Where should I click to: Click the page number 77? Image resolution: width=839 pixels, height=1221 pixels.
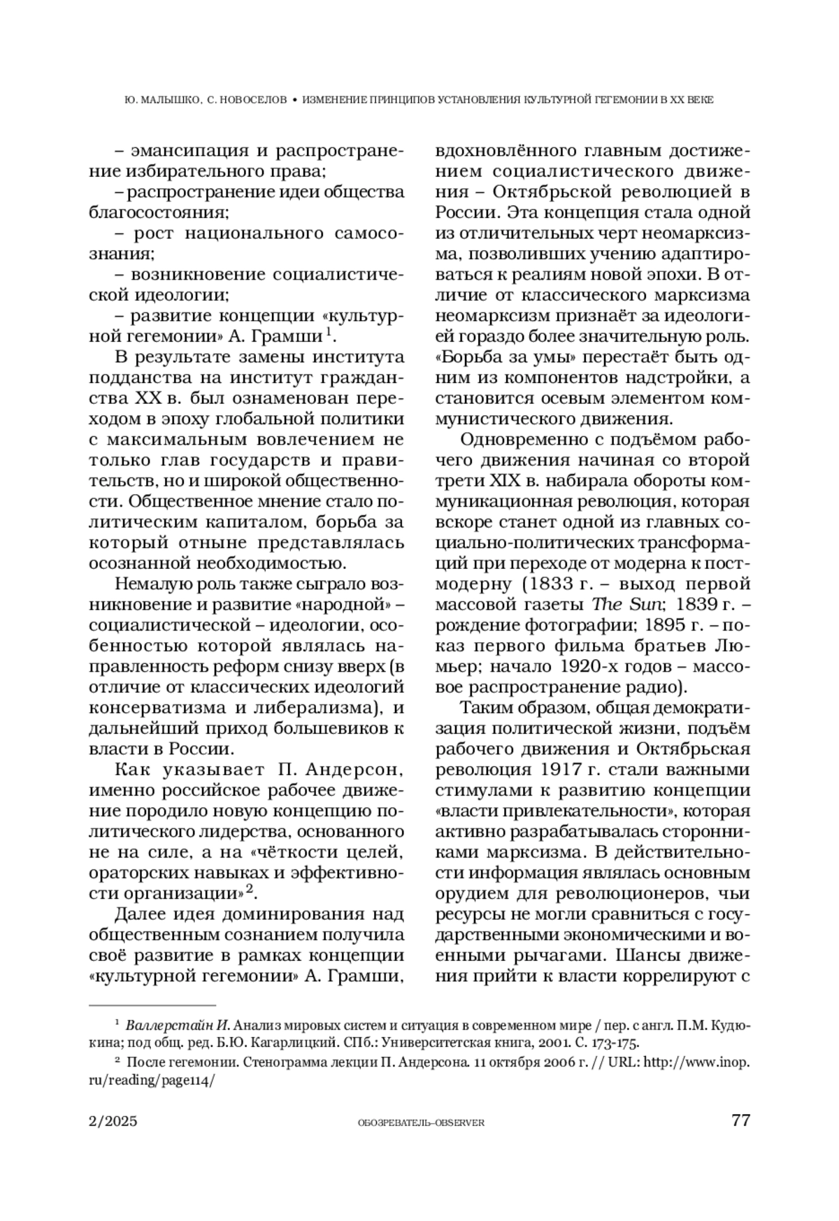tap(740, 1121)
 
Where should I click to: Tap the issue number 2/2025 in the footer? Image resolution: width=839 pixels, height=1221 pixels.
tap(113, 1122)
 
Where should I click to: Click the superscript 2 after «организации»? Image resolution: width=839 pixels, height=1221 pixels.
tap(248, 888)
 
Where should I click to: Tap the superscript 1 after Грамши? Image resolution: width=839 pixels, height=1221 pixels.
tap(327, 333)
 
